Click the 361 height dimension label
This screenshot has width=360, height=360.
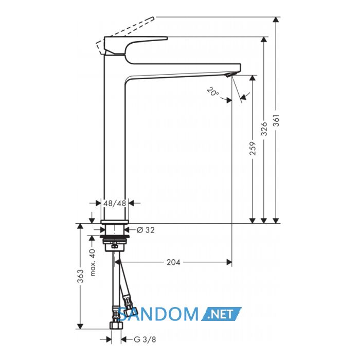click(x=277, y=120)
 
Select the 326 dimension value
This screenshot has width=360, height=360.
click(x=264, y=129)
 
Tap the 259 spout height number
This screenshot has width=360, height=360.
click(x=253, y=148)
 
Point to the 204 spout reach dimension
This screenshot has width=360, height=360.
click(x=173, y=262)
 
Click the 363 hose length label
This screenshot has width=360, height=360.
click(x=80, y=276)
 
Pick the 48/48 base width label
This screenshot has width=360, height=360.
click(x=115, y=203)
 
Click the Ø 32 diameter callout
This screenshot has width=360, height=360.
click(x=146, y=230)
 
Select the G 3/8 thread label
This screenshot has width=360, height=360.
click(x=145, y=339)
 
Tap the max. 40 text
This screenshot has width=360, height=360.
click(x=93, y=262)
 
